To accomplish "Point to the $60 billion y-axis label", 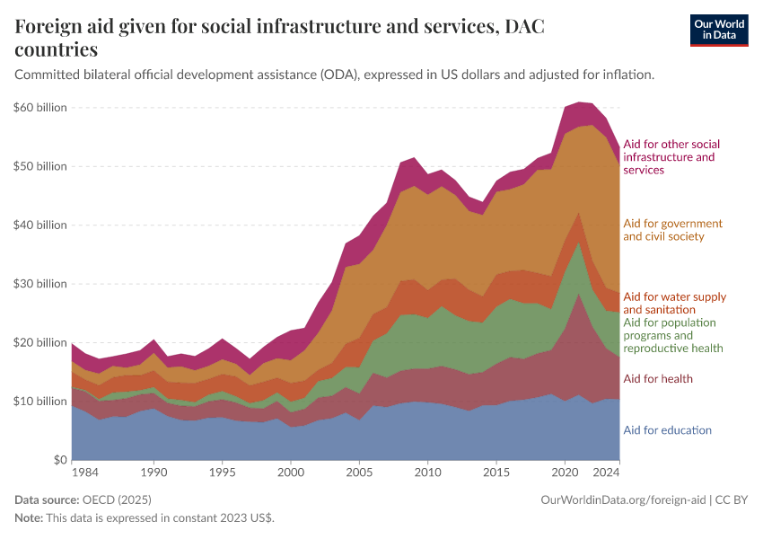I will tap(40, 108).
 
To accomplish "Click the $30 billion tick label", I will tap(40, 284).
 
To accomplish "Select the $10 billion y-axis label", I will tap(40, 402).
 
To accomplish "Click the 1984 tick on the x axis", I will tap(85, 472).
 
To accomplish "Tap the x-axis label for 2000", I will tap(291, 472).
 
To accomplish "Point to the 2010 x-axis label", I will tap(427, 472).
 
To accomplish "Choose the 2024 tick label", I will tap(605, 472).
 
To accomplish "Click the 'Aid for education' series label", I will tap(667, 430).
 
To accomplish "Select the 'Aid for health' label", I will tap(657, 379).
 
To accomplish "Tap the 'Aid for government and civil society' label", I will tap(672, 230).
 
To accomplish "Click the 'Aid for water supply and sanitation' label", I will tap(674, 303).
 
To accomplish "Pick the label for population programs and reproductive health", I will tap(672, 335).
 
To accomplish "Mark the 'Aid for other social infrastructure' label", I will tap(671, 156).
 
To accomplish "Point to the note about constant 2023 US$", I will tap(145, 518).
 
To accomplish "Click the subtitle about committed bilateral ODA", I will tap(334, 75).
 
